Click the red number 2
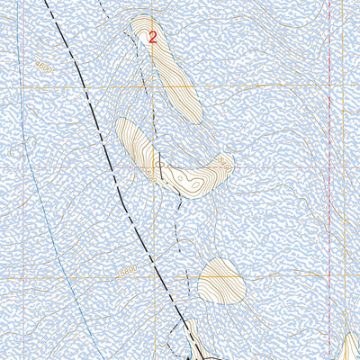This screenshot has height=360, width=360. (152, 38)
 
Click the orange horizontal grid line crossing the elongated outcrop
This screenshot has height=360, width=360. (180, 87)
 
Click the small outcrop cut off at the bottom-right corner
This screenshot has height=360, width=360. (352, 347)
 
